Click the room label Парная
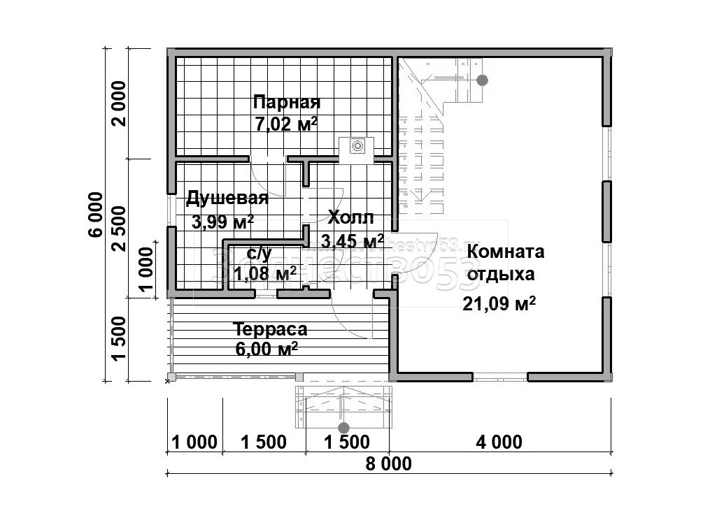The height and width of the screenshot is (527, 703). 287,103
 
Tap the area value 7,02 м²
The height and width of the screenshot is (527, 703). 287,124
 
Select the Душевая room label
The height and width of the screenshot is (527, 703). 227,198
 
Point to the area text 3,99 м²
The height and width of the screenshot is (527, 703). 222,222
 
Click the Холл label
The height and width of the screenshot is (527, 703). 350,217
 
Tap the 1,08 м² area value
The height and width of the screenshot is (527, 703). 264,273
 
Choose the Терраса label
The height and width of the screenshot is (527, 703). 270,329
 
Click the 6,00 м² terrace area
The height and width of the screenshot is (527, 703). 267,349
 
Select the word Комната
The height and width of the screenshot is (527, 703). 506,252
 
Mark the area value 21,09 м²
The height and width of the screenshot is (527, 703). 499,303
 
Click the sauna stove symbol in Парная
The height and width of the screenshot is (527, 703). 357,146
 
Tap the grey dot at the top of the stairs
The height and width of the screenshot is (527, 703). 482,80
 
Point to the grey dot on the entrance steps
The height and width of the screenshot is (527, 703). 343,427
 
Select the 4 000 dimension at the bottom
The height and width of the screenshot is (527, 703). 499,442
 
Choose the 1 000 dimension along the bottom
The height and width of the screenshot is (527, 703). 194,442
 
